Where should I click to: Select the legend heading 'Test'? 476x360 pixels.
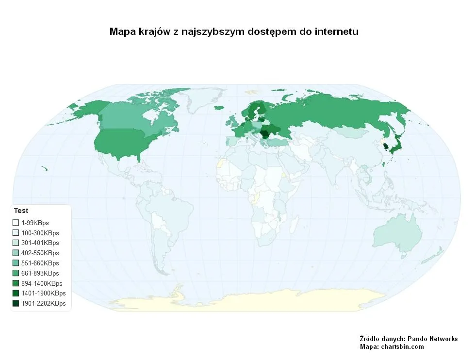[21, 211]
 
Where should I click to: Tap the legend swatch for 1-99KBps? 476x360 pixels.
[16, 223]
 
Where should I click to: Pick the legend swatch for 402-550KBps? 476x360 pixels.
[16, 253]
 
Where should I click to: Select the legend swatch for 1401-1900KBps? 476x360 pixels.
[16, 294]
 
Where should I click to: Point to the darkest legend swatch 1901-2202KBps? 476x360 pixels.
[16, 304]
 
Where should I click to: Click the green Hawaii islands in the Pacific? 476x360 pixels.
[44, 168]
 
